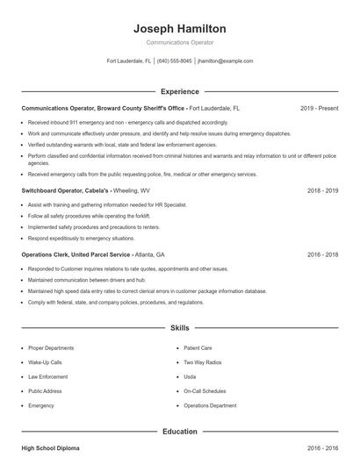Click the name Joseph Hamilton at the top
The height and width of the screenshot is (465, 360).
tap(179, 28)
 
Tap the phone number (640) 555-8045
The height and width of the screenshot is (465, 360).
tap(175, 61)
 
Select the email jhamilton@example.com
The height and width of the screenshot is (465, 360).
tap(226, 61)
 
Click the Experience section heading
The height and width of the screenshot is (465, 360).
tap(179, 91)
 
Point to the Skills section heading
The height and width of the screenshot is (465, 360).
tap(179, 328)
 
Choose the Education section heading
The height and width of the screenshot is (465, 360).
tap(179, 432)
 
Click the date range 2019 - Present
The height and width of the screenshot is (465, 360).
tap(319, 108)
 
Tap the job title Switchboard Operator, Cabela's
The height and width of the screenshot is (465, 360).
tap(66, 190)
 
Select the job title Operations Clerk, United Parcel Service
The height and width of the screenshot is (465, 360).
tap(75, 254)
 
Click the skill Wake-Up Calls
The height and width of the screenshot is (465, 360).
tap(45, 361)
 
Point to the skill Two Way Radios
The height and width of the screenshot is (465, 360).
tap(202, 361)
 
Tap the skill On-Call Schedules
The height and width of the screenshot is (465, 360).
tap(205, 391)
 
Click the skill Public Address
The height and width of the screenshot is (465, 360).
tap(44, 391)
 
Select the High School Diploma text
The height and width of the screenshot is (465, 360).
tap(50, 448)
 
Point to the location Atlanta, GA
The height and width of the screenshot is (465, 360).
tap(152, 254)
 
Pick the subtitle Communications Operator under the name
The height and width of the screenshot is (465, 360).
tap(179, 42)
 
